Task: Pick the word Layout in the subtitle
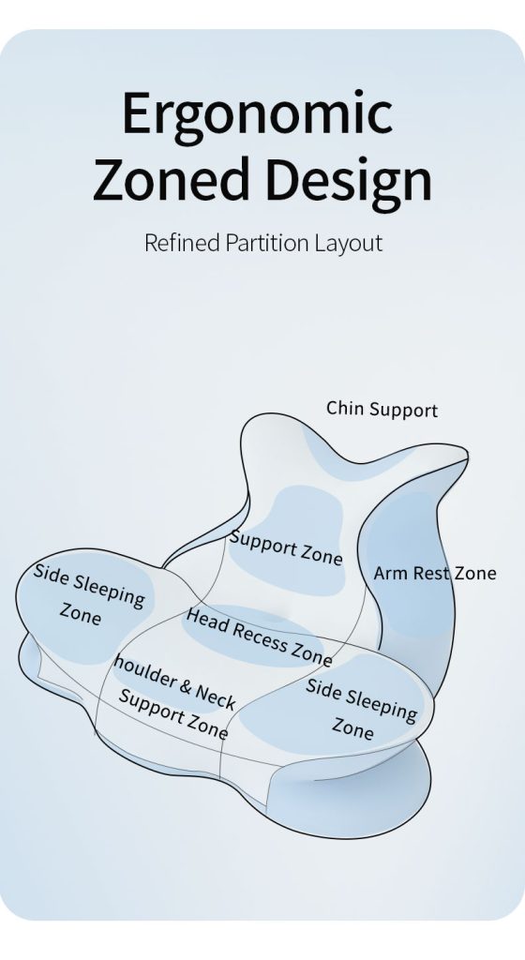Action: [349, 244]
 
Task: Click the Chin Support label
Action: [382, 409]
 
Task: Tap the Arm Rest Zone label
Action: [434, 573]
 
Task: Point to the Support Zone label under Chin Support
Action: [285, 547]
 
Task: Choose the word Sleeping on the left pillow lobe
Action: [109, 591]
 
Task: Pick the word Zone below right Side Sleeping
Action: [352, 727]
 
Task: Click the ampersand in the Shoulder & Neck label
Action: [186, 685]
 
